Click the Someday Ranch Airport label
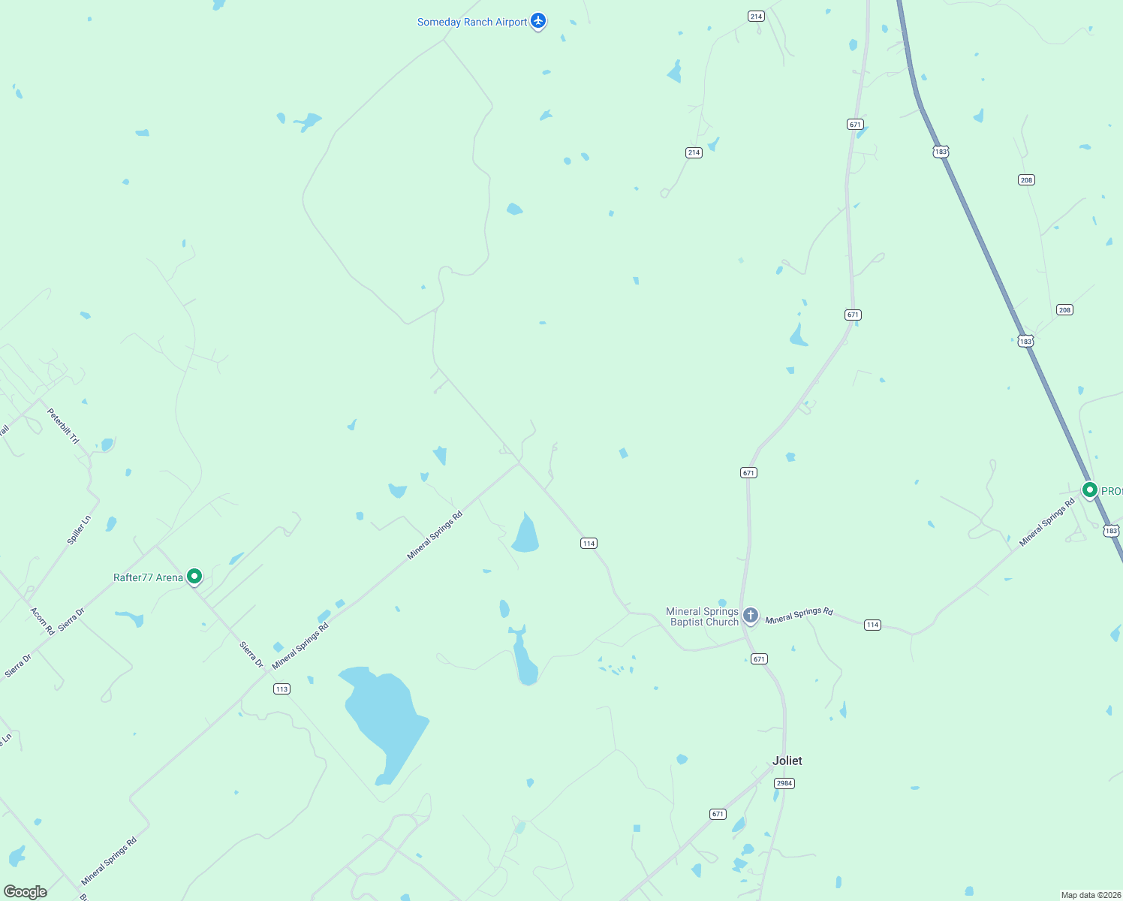(x=472, y=23)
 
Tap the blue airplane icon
(x=537, y=20)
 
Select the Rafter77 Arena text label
(x=148, y=577)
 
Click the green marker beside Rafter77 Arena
(x=194, y=577)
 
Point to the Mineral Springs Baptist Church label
(x=703, y=616)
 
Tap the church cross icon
(x=750, y=616)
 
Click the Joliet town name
(x=787, y=761)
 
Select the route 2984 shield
(x=784, y=783)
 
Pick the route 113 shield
(x=282, y=689)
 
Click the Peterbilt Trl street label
(x=63, y=426)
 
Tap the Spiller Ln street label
(x=79, y=529)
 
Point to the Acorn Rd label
(x=42, y=621)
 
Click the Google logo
(x=26, y=892)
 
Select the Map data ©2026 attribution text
(x=1091, y=895)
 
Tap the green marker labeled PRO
(x=1089, y=490)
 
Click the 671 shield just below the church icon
(x=759, y=658)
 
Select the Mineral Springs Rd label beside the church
(x=799, y=615)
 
